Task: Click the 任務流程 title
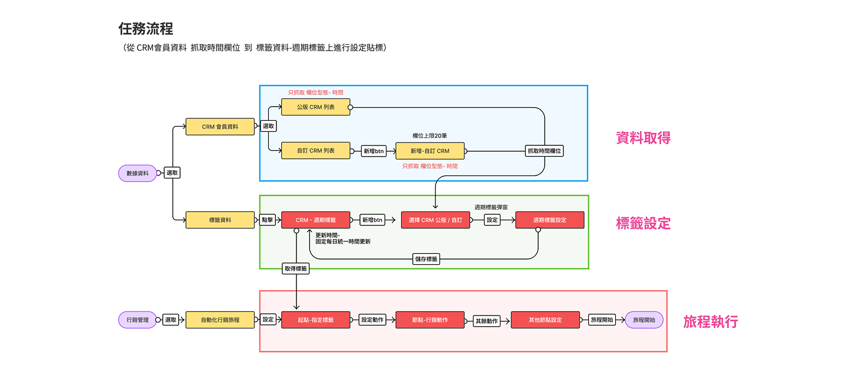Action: tap(146, 29)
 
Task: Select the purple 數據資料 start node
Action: tap(138, 173)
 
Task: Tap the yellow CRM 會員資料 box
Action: tap(220, 127)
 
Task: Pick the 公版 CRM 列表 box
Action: tap(316, 107)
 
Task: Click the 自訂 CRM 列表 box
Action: tap(316, 151)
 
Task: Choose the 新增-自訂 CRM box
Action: tap(430, 151)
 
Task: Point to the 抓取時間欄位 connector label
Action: tap(545, 151)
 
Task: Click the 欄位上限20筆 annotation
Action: tap(430, 136)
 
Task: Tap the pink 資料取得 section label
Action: tap(643, 138)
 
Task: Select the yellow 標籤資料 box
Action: tap(220, 220)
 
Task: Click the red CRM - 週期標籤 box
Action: tap(316, 220)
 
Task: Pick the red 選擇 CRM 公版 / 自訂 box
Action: tap(435, 220)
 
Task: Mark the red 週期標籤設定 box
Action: tap(550, 220)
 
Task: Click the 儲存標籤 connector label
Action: tap(426, 259)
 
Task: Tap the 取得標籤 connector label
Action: tap(296, 268)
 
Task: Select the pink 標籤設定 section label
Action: tap(643, 224)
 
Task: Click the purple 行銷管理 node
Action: tap(138, 320)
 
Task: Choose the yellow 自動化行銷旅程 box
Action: tap(220, 320)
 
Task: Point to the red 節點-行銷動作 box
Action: tap(430, 320)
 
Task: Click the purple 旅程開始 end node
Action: tap(643, 320)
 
